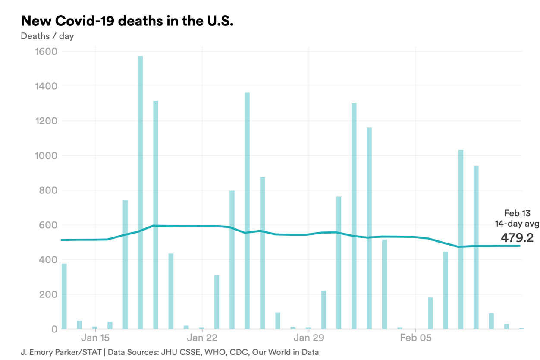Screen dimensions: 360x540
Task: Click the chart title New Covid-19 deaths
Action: (127, 20)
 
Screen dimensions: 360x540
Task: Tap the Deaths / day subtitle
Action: (47, 36)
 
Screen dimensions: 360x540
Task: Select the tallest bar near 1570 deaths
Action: (140, 192)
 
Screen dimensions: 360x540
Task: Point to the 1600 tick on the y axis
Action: (45, 52)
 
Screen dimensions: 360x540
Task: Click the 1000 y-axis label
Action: (45, 156)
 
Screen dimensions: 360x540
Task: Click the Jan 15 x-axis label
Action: (95, 338)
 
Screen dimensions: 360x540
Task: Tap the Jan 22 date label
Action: (202, 338)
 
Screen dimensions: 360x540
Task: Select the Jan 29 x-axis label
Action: (308, 338)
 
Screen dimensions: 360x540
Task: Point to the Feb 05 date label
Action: (415, 338)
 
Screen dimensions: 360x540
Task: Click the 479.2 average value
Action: (517, 237)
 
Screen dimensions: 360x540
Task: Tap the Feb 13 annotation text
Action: (517, 213)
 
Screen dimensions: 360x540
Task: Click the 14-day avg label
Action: (517, 224)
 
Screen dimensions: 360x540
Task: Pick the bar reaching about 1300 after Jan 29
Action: (354, 216)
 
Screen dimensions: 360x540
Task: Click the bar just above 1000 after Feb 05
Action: (461, 240)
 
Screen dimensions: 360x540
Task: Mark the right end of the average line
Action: (519, 246)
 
